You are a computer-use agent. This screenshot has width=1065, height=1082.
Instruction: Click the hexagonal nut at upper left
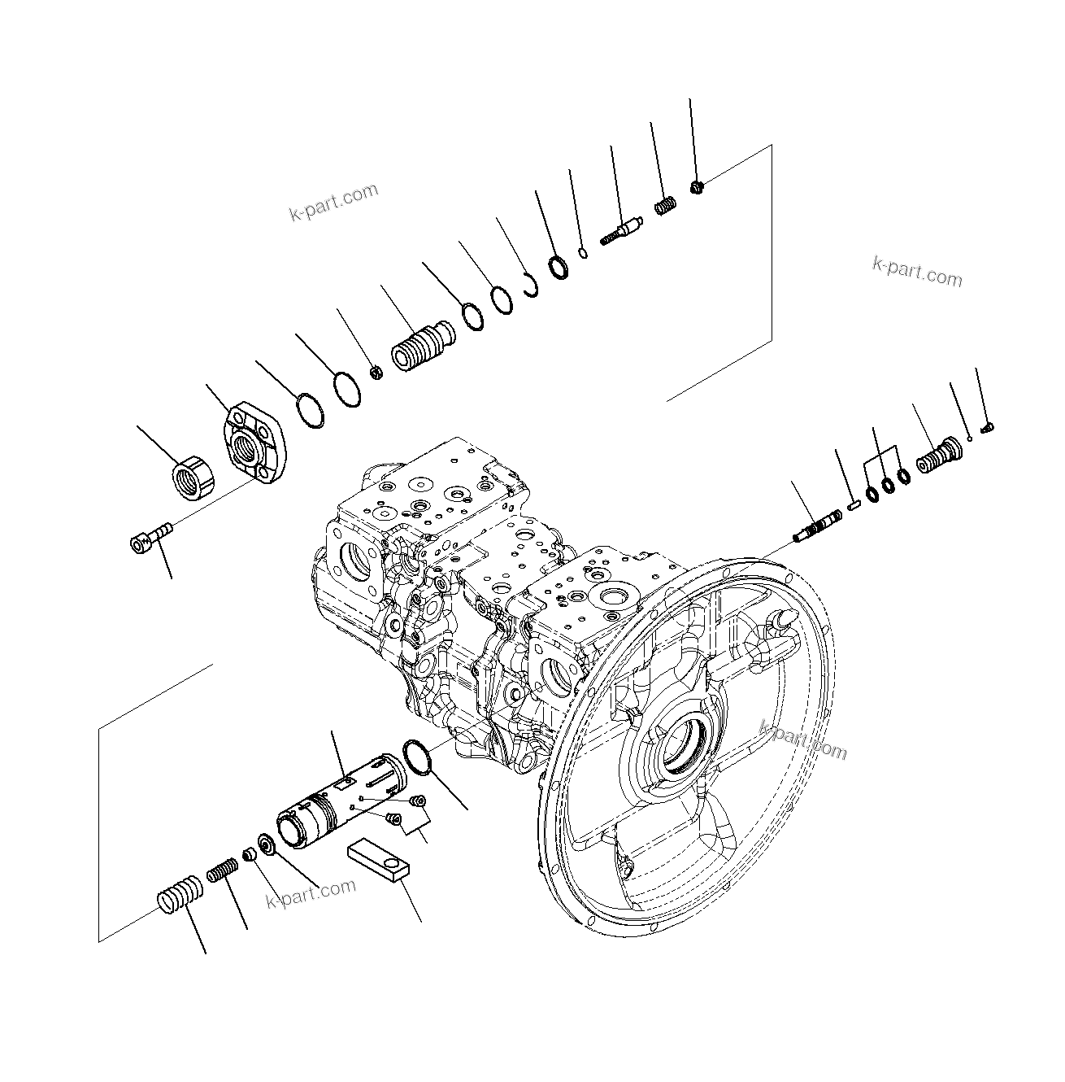click(194, 478)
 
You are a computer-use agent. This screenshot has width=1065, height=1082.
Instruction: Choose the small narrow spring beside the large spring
click(221, 873)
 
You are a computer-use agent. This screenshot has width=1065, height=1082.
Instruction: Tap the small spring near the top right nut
click(665, 207)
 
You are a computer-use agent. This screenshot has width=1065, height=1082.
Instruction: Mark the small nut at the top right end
click(697, 189)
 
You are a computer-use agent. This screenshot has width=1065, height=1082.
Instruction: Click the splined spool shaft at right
click(818, 525)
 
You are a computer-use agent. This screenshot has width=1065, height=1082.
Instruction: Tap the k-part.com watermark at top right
click(916, 272)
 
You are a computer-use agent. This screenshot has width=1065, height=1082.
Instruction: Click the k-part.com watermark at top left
click(333, 202)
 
